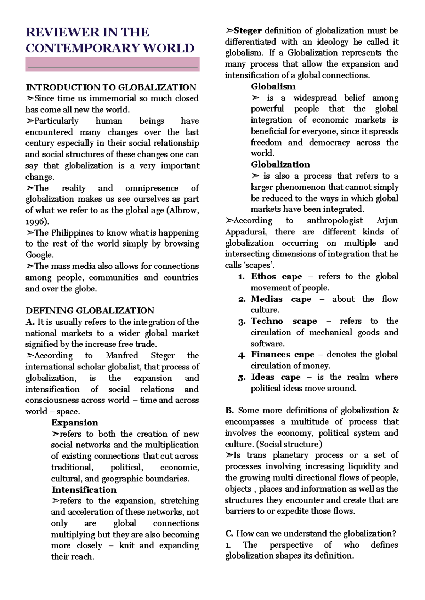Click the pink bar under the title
[112, 64]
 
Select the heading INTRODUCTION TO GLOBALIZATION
[110, 87]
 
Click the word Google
[39, 255]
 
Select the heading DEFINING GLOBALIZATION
[90, 311]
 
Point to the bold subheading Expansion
[75, 423]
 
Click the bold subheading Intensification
[84, 490]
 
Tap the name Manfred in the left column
[122, 356]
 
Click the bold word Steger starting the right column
[248, 31]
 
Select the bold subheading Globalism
[273, 86]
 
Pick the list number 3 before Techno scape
[242, 322]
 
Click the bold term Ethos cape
[276, 277]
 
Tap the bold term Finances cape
[282, 355]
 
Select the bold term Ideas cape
[276, 377]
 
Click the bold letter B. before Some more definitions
[229, 411]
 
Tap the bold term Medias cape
[281, 299]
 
